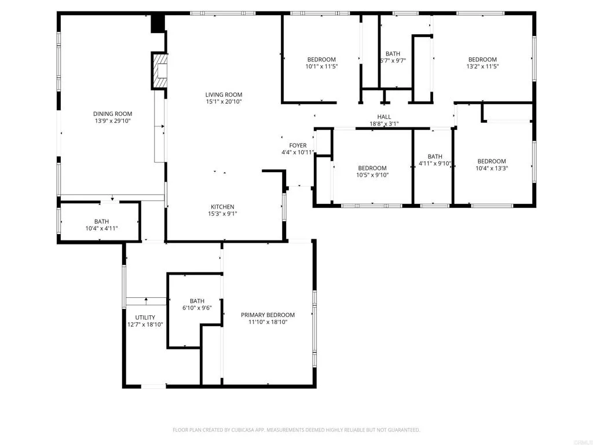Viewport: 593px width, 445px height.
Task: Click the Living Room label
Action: click(224, 94)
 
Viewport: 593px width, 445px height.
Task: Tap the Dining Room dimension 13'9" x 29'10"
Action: click(114, 121)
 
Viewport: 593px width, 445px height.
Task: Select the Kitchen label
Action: click(222, 207)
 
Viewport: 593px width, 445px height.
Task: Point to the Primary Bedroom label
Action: click(268, 315)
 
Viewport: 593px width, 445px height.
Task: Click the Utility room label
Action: click(145, 317)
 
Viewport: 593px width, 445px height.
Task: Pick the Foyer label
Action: click(298, 145)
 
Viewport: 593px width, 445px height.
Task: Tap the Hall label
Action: click(384, 117)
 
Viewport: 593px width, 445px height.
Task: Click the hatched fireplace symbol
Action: click(159, 71)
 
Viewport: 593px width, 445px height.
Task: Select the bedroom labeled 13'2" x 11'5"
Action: click(482, 63)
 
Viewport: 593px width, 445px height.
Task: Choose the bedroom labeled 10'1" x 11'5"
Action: click(321, 63)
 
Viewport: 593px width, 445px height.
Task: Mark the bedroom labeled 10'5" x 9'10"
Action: click(372, 171)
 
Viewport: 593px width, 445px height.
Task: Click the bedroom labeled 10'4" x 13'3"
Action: click(491, 165)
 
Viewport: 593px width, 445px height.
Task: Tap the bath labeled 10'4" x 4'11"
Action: click(101, 224)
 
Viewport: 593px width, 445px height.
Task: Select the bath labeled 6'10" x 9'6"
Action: click(197, 304)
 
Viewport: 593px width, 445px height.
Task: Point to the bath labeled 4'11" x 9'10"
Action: click(435, 160)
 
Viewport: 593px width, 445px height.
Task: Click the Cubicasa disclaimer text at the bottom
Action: click(296, 430)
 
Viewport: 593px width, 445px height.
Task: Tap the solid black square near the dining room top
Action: click(158, 24)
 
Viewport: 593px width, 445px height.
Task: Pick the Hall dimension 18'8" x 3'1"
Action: click(384, 123)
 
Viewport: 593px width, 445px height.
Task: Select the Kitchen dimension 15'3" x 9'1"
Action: click(222, 213)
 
